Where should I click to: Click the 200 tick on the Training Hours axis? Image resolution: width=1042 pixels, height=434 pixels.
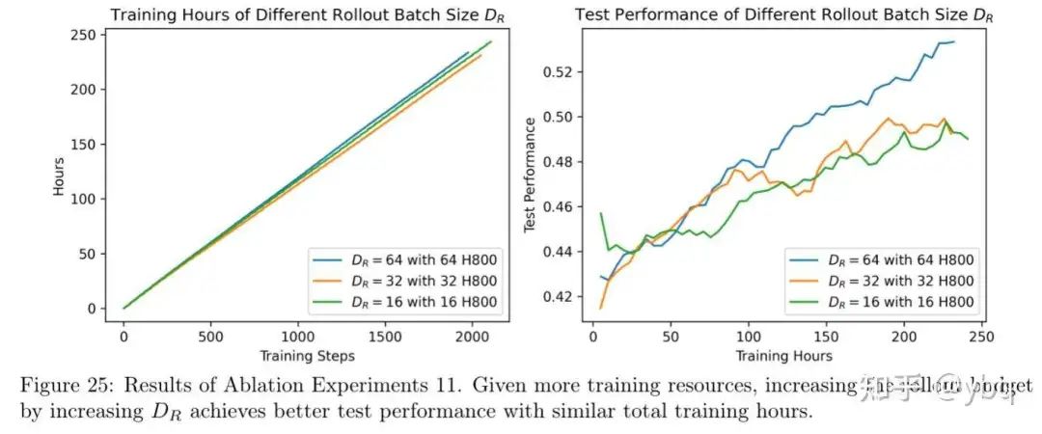coord(904,340)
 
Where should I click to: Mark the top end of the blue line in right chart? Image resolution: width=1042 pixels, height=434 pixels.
coord(953,41)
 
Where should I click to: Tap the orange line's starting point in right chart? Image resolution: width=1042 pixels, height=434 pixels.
coord(601,308)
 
